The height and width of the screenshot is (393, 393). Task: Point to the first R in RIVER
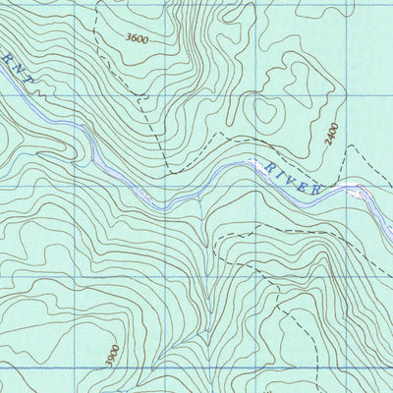(266, 168)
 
